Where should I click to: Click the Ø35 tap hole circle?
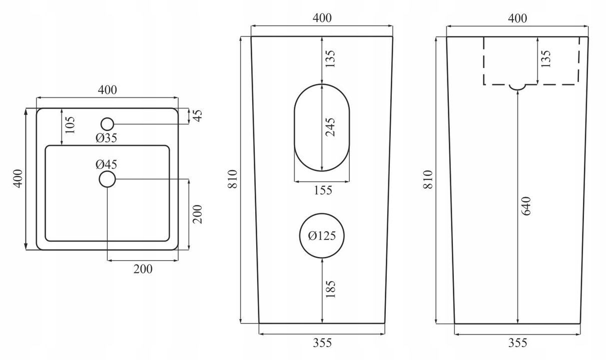pos(107,118)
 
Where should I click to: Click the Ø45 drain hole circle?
pos(107,171)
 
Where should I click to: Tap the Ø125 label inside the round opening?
pos(322,235)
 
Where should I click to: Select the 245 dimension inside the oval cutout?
pos(330,127)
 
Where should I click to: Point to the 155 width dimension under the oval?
pos(323,190)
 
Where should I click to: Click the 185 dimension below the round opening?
pos(330,289)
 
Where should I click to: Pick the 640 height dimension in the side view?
pos(526,206)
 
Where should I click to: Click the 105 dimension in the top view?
pos(70,125)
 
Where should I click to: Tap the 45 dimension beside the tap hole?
pos(198,115)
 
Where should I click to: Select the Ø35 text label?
pos(106,138)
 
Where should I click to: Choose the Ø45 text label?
pos(106,164)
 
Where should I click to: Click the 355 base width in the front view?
pos(322,343)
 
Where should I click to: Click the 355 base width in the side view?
pos(517,343)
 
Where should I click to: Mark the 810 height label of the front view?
pos(232,179)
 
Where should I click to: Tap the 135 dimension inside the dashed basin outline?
pos(546,59)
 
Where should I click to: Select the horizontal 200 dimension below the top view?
pos(143,269)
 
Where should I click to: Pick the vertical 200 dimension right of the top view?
pos(197,214)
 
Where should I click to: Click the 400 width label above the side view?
pos(517,18)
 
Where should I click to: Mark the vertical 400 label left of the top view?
pos(18,178)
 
